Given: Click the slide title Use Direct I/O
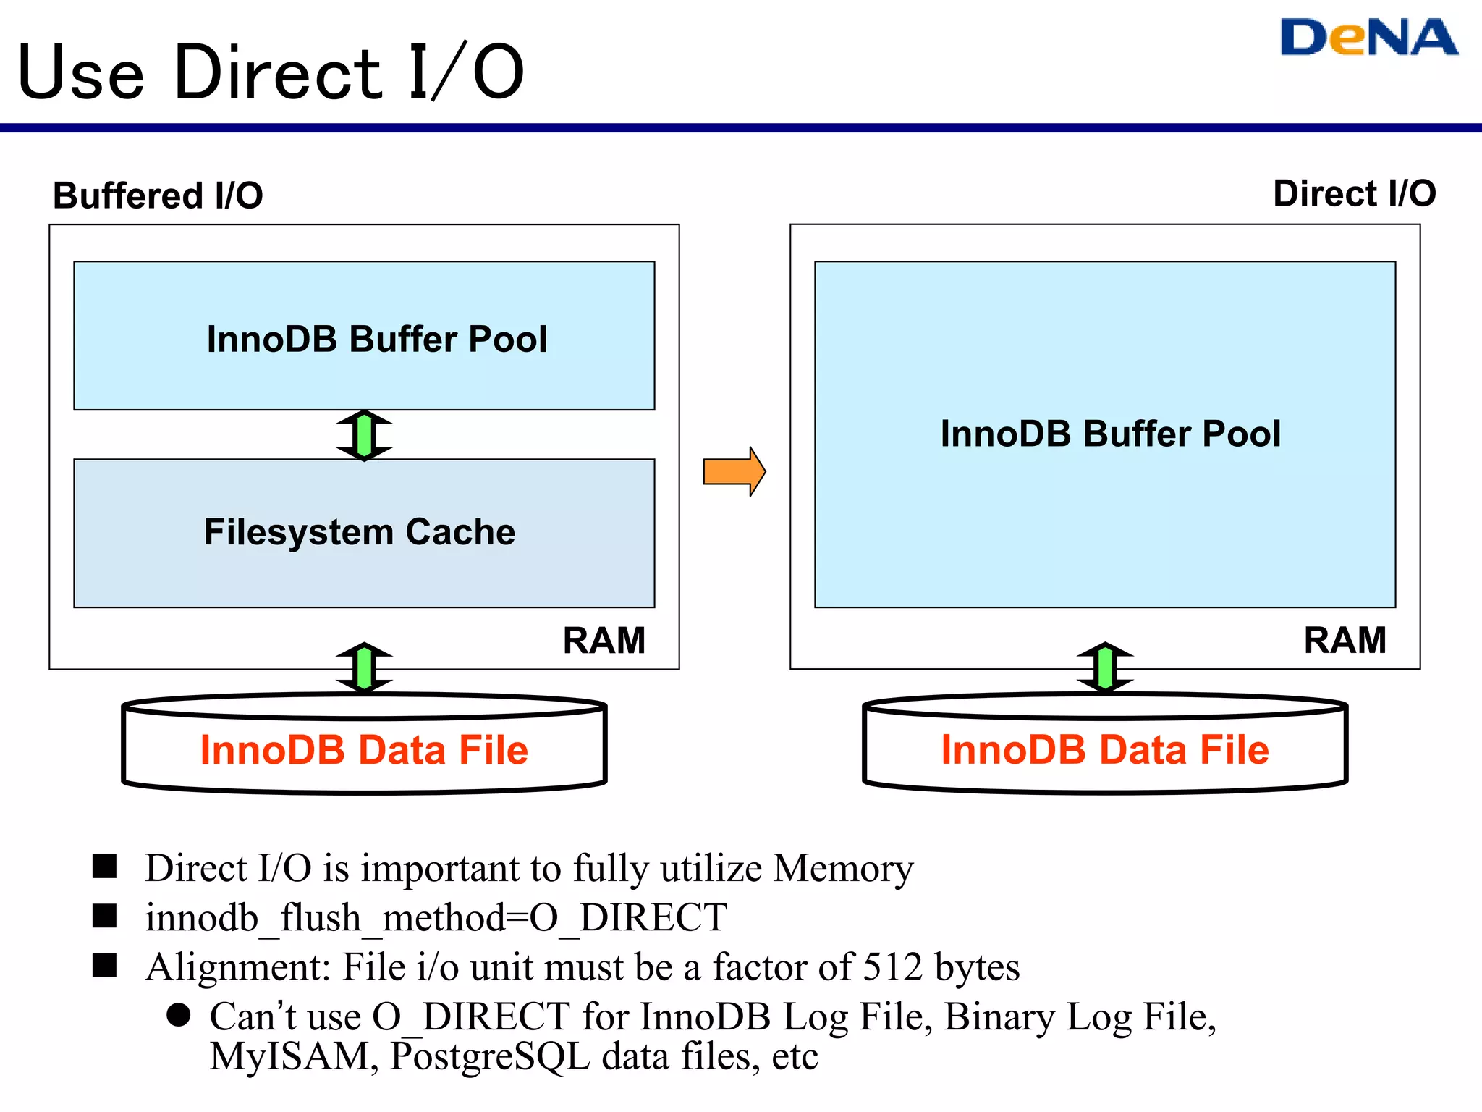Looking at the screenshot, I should tap(270, 72).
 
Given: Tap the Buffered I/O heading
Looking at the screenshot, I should tap(158, 195).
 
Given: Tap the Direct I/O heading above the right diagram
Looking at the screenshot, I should tap(1354, 194).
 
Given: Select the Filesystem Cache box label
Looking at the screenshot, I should tap(360, 532).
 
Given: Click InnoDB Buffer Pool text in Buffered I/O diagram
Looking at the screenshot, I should tap(376, 339).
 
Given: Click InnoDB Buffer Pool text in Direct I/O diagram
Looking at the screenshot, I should tap(1110, 434).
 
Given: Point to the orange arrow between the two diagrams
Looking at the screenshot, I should tap(734, 471).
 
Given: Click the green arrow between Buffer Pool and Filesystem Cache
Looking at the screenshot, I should tap(364, 435).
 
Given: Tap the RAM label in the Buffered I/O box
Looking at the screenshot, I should tap(604, 641).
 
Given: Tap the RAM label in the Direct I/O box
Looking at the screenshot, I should tap(1345, 641).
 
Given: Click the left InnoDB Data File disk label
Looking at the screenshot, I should tap(364, 750).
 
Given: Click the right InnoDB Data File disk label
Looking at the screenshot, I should tap(1105, 750).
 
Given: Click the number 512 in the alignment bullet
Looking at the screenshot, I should tap(893, 967).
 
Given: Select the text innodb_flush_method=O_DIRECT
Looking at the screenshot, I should tap(436, 918).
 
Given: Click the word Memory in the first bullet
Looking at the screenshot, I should tap(843, 868).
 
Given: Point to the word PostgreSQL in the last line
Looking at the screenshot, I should tap(490, 1057).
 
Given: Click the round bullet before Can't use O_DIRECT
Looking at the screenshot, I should tap(178, 1015).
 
